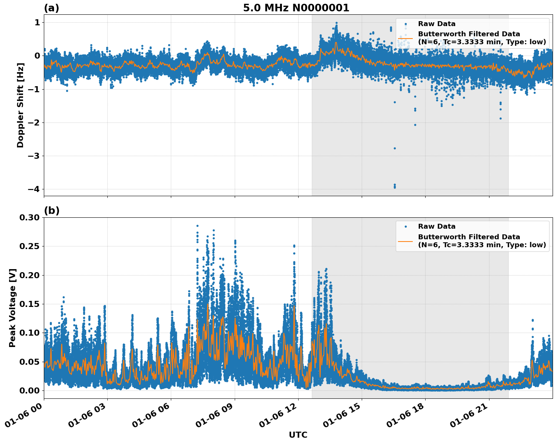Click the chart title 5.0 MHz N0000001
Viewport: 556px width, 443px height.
tap(296, 8)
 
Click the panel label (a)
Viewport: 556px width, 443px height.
tap(51, 8)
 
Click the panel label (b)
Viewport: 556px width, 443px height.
tap(51, 211)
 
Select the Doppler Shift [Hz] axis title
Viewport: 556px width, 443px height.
tap(20, 105)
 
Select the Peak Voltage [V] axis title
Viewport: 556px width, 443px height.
tap(12, 308)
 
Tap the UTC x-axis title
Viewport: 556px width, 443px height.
tap(298, 435)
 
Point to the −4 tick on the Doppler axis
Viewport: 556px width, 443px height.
tap(34, 189)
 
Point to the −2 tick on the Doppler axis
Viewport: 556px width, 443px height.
tap(34, 122)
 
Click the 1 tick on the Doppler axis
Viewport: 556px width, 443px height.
tap(37, 23)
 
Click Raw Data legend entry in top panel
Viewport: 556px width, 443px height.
tap(437, 24)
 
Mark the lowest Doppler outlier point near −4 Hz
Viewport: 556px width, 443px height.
tap(395, 187)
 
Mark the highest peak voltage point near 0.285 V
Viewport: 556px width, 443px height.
tap(197, 226)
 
